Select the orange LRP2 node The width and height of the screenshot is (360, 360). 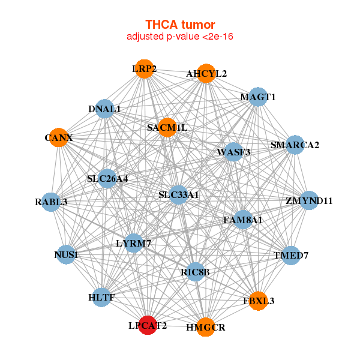point(144,69)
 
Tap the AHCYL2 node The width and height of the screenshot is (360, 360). point(206,73)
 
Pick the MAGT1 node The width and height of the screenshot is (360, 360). point(257,97)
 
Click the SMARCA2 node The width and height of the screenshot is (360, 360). point(294,145)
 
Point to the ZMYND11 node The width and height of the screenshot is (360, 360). point(308,200)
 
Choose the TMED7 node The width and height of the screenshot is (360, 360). point(290,255)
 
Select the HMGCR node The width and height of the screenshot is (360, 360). point(205,326)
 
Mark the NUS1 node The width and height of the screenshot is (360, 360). point(65,256)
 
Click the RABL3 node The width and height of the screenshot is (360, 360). point(52,202)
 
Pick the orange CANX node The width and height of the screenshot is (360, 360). point(58,138)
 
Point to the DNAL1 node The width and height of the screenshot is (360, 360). point(104,109)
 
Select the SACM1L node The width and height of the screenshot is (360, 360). point(167,127)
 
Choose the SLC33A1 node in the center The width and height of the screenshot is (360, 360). point(178,195)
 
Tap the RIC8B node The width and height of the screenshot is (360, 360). point(195,272)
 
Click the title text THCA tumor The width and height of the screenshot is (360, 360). point(180,25)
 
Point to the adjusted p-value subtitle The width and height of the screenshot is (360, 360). point(180,37)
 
